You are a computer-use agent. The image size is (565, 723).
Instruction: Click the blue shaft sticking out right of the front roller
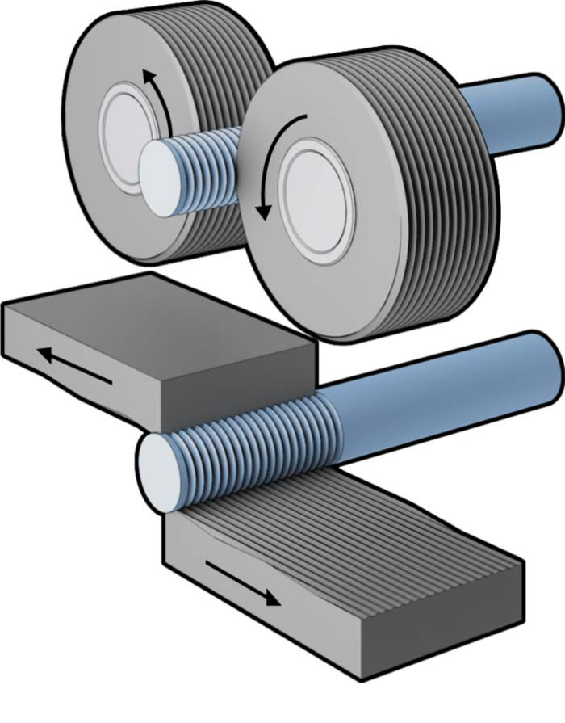(x=517, y=113)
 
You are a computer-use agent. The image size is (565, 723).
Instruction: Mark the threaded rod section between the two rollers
(x=214, y=166)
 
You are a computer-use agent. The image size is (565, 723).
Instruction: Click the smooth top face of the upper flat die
(x=153, y=323)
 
